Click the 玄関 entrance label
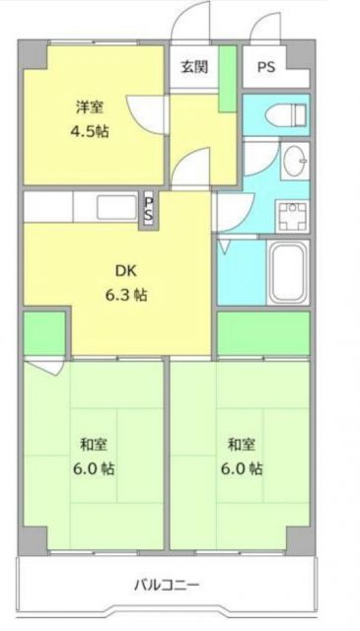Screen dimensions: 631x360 tap(194, 67)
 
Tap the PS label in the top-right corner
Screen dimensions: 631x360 tap(266, 67)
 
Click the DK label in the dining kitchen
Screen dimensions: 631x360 tap(126, 269)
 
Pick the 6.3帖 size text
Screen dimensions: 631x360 tap(126, 294)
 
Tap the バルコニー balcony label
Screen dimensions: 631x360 tap(168, 586)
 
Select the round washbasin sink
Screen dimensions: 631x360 tap(293, 162)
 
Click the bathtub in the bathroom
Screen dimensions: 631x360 tap(288, 272)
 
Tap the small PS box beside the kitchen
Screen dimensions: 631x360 tap(149, 210)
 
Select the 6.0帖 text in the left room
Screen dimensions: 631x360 tap(93, 467)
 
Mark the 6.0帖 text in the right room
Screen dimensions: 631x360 tap(242, 467)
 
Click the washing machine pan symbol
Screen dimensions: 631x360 tap(293, 214)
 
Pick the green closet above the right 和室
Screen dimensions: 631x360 tap(263, 334)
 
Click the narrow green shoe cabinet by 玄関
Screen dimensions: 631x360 tap(227, 78)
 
